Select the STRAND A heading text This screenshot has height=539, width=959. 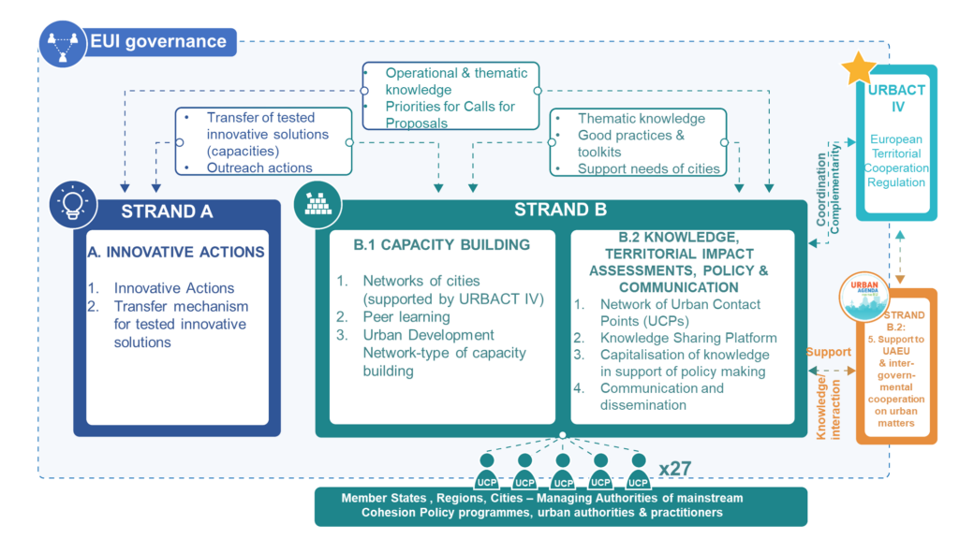(167, 211)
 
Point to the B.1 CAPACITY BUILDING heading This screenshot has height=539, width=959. (441, 245)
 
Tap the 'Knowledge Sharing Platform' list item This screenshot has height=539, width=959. (688, 338)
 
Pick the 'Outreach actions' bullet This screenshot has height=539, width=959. (259, 168)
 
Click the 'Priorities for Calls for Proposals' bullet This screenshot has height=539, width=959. (450, 115)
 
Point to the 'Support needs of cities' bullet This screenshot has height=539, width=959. (648, 168)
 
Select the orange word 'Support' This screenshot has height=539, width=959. (827, 352)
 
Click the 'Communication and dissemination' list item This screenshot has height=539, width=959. (661, 397)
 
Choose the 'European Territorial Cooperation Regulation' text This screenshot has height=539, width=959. (896, 161)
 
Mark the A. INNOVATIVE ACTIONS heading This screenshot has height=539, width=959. (176, 252)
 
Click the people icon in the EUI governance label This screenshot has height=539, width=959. (64, 42)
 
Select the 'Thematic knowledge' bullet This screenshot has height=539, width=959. (642, 119)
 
